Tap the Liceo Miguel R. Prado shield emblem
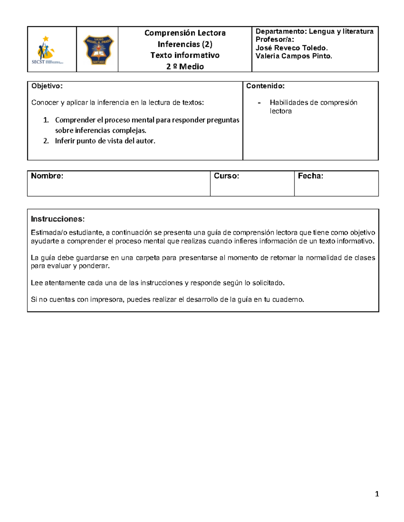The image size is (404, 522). pos(98,50)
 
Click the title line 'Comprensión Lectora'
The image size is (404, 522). pos(185,33)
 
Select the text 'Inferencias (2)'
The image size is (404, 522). pos(185,44)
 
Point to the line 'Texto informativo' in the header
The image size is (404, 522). pos(185,55)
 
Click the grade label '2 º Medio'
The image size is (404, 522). pos(185,67)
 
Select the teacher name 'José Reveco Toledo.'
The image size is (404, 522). pos(292,48)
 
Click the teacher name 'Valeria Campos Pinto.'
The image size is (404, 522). pos(294,56)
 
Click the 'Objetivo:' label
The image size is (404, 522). pos(47,86)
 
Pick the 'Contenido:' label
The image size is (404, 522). pos(265,86)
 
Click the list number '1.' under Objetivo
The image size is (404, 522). pos(46,120)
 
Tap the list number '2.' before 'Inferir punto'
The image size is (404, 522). pos(46,141)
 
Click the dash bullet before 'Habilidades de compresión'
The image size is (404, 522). pos(259,103)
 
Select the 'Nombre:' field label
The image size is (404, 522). pos(47,176)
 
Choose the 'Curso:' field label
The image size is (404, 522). pos(226,176)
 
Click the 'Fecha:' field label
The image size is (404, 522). pos(310,176)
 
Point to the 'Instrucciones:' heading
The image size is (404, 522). pos(58,219)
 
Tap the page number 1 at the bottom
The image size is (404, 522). pos(377,494)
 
